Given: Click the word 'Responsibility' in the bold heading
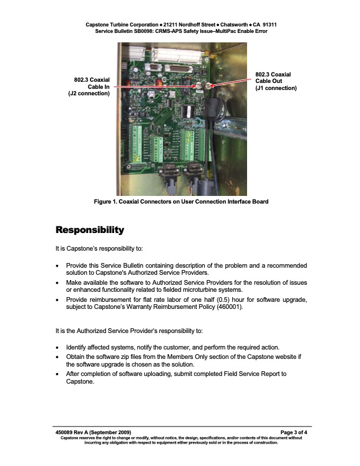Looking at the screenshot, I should tap(89, 229).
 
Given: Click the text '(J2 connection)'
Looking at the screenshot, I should tap(89, 94).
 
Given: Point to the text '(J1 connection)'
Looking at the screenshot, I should tap(276, 88).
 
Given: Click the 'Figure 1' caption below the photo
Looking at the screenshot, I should tap(181, 202).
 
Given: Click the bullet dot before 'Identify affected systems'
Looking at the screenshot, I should tap(57, 348).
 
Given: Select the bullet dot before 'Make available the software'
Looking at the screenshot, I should tap(57, 282).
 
